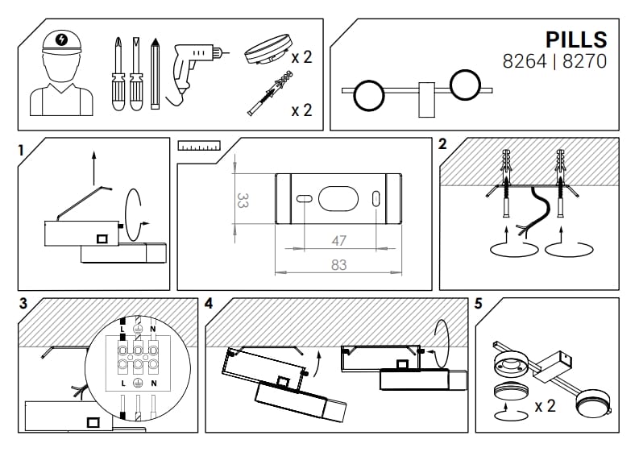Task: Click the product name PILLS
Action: pos(575,39)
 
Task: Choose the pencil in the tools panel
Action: pos(155,73)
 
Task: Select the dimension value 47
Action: pos(338,241)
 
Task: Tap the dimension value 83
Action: pos(338,264)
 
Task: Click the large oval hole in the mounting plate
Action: pos(339,198)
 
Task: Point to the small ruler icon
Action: pos(199,147)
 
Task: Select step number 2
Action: pos(442,145)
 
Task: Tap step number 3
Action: pos(23,304)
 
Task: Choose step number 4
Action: pos(209,304)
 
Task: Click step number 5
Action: pos(479,304)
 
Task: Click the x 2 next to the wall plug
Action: pos(301,110)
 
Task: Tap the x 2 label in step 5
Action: pos(545,406)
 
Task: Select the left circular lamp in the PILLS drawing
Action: pos(369,94)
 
